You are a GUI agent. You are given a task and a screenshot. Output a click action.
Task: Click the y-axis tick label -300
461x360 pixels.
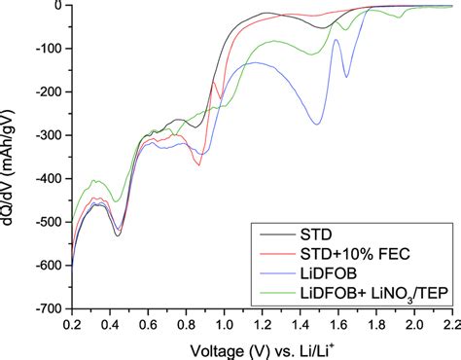point(49,135)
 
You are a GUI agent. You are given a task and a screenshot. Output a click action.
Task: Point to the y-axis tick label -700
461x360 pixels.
point(49,308)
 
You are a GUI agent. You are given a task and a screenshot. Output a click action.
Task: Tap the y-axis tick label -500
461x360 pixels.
point(49,222)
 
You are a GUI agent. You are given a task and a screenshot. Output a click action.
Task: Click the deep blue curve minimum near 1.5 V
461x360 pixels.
point(317,124)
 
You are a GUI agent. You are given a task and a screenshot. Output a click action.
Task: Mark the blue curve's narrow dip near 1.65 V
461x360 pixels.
point(346,76)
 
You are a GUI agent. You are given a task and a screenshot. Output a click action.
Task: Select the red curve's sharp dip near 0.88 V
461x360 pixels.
point(199,165)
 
